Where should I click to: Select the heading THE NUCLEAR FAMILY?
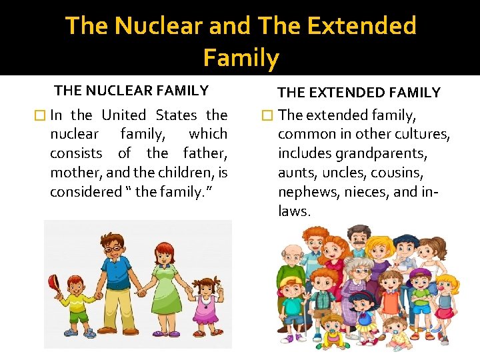point(131,91)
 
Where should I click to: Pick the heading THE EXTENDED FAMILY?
point(359,93)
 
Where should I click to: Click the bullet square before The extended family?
point(267,115)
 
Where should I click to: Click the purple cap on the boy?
point(421,274)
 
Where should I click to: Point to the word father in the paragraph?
point(205,153)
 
